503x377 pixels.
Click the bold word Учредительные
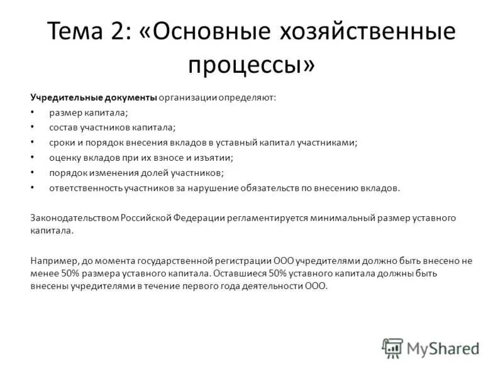[61, 97]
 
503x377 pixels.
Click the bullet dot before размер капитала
[33, 112]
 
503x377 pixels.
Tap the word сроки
[62, 143]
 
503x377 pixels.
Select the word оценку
[65, 158]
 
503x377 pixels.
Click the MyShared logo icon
[392, 347]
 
